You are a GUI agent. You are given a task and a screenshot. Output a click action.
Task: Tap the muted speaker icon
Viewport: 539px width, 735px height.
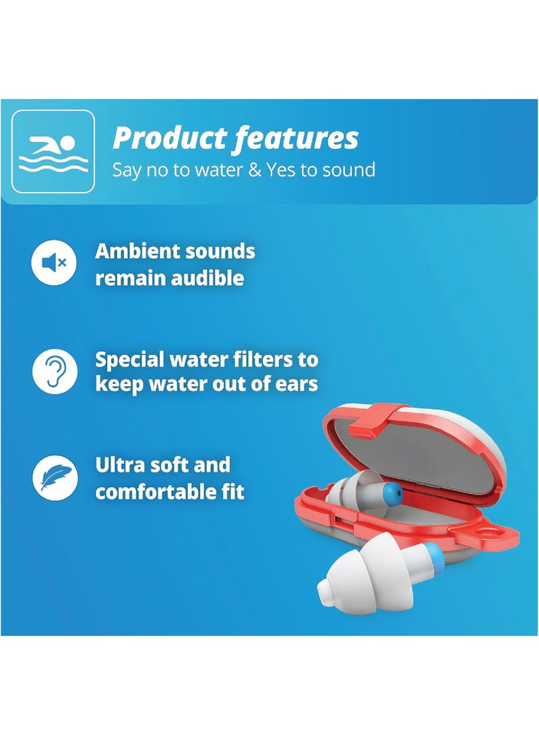pyautogui.click(x=54, y=263)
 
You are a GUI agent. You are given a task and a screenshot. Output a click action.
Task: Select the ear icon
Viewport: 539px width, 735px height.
pyautogui.click(x=55, y=371)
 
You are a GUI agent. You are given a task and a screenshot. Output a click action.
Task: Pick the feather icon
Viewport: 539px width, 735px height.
pyautogui.click(x=55, y=478)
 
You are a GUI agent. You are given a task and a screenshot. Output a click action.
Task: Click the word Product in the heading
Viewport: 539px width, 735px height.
pyautogui.click(x=170, y=138)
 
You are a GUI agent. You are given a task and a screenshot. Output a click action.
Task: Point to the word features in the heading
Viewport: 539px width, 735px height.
pyautogui.click(x=296, y=138)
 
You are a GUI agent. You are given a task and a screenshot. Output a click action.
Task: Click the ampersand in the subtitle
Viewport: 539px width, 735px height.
pyautogui.click(x=255, y=169)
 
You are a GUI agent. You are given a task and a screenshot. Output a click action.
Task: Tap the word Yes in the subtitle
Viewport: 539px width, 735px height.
pyautogui.click(x=281, y=169)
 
